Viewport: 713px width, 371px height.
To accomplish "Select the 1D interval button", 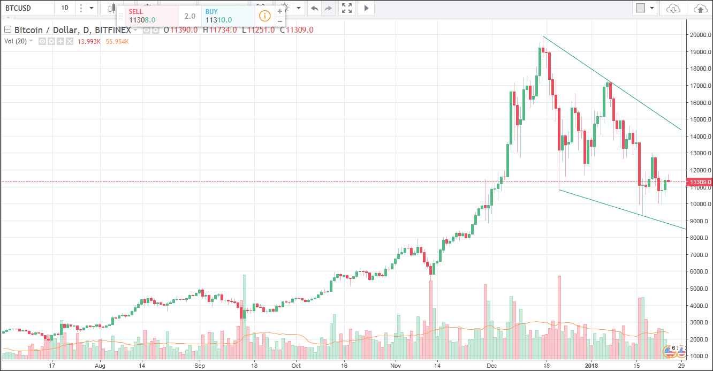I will (65, 8).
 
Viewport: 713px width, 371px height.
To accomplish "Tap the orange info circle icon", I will (264, 16).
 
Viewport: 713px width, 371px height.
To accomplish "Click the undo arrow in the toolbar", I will (314, 8).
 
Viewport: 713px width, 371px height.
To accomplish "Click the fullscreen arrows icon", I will (347, 8).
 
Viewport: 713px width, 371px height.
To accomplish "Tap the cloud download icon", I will (673, 8).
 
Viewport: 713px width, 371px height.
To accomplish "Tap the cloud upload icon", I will (700, 8).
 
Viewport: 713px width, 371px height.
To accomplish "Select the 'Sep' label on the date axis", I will (200, 366).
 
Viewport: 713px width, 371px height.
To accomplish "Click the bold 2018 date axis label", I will (591, 366).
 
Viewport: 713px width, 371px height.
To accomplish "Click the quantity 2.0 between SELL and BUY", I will (189, 16).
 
